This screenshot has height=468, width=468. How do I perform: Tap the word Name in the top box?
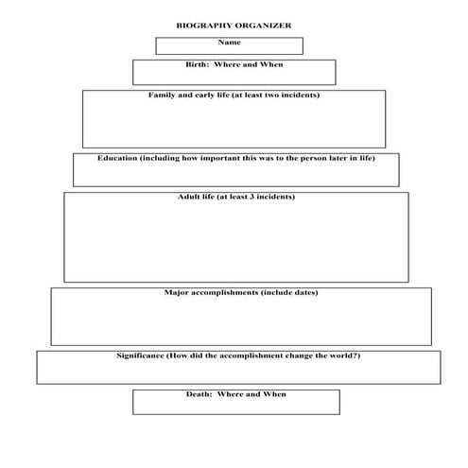[x=230, y=43]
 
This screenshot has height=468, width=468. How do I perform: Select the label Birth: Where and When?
[x=234, y=65]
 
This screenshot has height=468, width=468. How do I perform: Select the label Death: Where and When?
[x=235, y=393]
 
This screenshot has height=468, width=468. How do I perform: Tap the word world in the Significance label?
[x=339, y=355]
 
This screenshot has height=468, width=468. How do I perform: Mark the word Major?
[x=177, y=293]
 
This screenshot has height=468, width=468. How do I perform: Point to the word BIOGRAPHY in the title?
[x=201, y=27]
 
